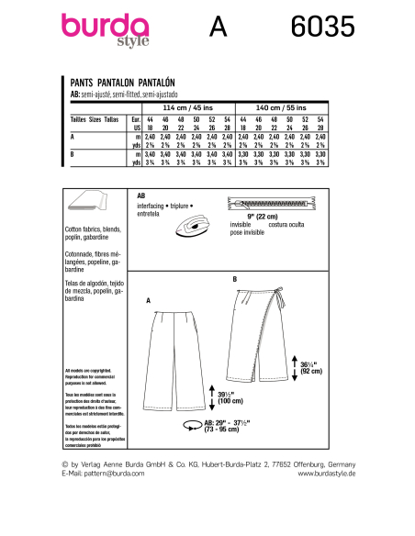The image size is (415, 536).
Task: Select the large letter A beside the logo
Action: point(218,29)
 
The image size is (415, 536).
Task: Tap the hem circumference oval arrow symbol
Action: point(193,425)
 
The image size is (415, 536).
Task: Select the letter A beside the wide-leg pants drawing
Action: point(149,300)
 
